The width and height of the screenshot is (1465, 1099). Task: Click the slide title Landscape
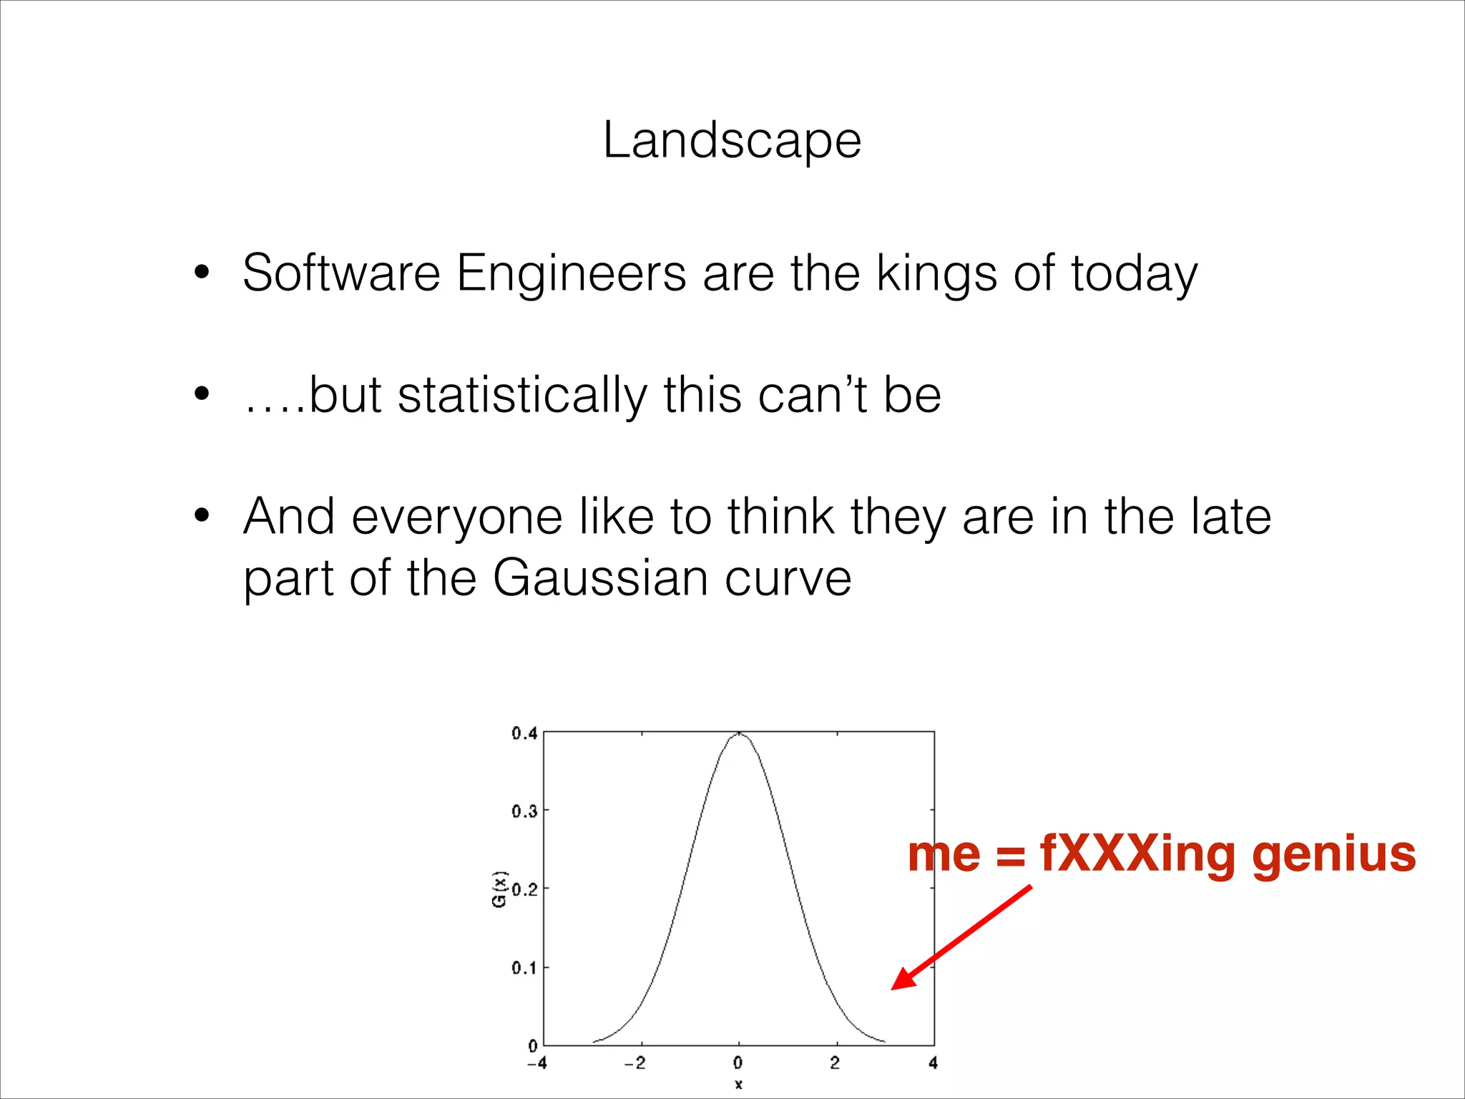pos(732,140)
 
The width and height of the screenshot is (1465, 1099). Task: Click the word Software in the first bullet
pos(341,273)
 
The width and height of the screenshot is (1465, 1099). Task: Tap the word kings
pos(936,275)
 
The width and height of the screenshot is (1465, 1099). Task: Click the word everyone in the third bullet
pos(456,517)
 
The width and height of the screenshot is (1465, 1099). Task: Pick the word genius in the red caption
pos(1333,856)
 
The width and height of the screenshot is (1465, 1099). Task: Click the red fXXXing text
pos(1137,854)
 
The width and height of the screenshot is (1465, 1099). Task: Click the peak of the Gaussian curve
pos(739,733)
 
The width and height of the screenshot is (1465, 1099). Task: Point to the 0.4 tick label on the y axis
pos(524,733)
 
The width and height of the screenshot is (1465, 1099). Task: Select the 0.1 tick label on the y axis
pos(524,968)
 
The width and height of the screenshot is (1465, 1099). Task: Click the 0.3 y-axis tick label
pos(524,811)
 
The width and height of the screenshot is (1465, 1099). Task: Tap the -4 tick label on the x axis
pos(536,1063)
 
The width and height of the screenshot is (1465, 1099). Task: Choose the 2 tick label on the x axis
pos(835,1063)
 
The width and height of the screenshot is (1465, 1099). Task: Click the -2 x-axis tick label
pos(634,1063)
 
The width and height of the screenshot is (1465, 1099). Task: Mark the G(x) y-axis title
pos(499,889)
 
